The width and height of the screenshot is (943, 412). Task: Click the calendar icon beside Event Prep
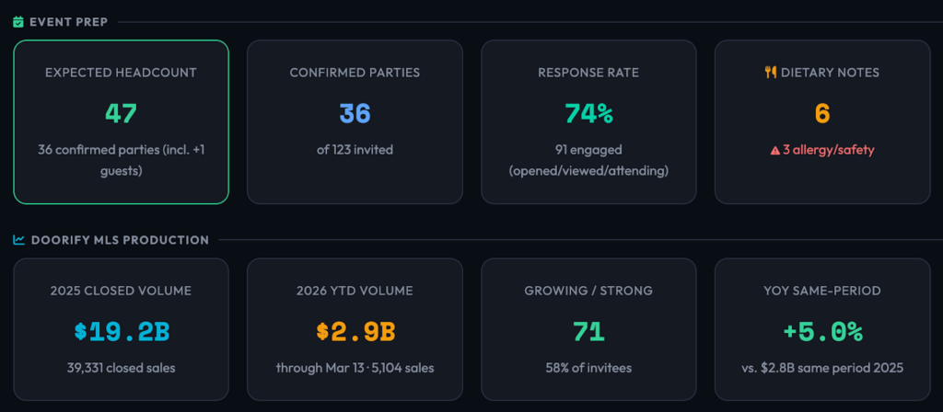click(x=18, y=21)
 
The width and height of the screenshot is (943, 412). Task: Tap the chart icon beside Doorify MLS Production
click(x=18, y=240)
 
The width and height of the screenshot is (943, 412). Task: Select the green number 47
click(x=121, y=114)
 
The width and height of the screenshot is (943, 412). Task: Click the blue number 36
click(x=355, y=114)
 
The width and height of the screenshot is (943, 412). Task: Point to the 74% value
click(x=588, y=114)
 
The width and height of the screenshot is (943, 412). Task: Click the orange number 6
click(x=822, y=114)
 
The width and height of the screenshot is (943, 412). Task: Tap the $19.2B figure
click(x=121, y=332)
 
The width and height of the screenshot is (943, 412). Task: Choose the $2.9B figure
click(x=355, y=332)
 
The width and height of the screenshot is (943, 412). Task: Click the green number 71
click(x=588, y=332)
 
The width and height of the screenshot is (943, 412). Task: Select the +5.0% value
click(x=822, y=332)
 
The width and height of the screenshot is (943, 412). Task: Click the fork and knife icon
click(x=771, y=72)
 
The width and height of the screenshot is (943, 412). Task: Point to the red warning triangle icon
click(x=774, y=150)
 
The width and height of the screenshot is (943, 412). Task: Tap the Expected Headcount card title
click(x=121, y=72)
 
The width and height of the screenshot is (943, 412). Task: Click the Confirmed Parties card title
click(x=355, y=72)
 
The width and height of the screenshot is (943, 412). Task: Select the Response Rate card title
click(x=588, y=72)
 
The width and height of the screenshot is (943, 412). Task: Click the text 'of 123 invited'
click(x=355, y=149)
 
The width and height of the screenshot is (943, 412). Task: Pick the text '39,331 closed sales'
click(x=121, y=368)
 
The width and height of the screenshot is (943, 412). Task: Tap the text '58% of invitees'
click(x=588, y=368)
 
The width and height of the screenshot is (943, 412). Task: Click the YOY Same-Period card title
click(x=822, y=291)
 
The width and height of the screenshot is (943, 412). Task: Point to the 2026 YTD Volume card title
click(x=355, y=291)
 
